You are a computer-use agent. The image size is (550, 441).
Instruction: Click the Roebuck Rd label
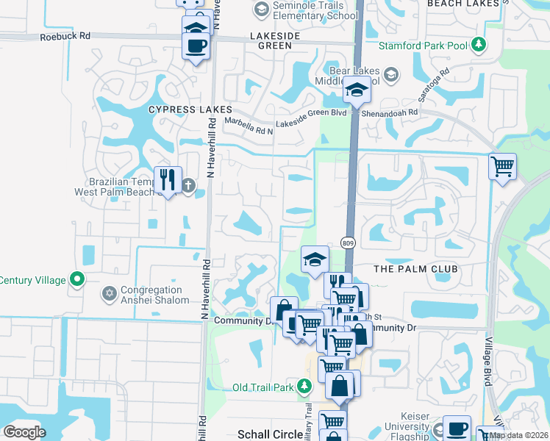(65, 35)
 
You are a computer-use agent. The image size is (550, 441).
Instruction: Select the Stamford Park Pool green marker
(479, 45)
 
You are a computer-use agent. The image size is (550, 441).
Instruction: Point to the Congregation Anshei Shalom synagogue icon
(110, 293)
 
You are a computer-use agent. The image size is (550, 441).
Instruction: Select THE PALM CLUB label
(415, 269)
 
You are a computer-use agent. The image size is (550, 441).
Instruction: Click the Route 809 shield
(349, 243)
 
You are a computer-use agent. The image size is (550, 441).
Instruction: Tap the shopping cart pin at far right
(502, 166)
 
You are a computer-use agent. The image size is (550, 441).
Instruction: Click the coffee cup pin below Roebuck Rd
(196, 46)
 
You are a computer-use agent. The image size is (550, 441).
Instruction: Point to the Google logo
(24, 431)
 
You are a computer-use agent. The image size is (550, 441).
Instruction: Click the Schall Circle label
(268, 434)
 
